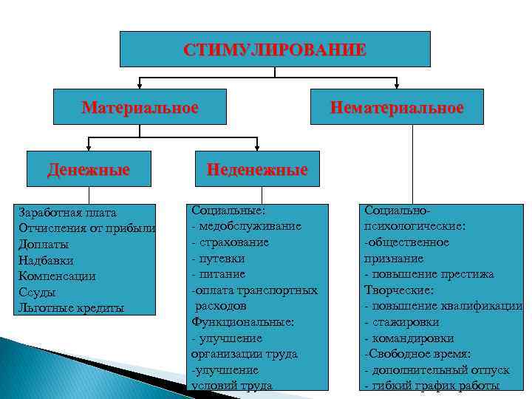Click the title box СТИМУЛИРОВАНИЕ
[x=275, y=50]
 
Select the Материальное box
[x=140, y=108]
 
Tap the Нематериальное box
[x=397, y=108]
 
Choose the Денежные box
[x=89, y=169]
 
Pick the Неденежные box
[x=256, y=169]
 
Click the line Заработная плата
[x=64, y=213]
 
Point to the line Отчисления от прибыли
[x=86, y=228]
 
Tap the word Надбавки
[x=46, y=260]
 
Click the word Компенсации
[x=57, y=276]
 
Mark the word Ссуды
[x=37, y=292]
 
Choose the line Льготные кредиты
[x=71, y=307]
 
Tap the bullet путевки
[x=221, y=259]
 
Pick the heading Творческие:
[x=398, y=290]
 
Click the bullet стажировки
[x=405, y=322]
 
